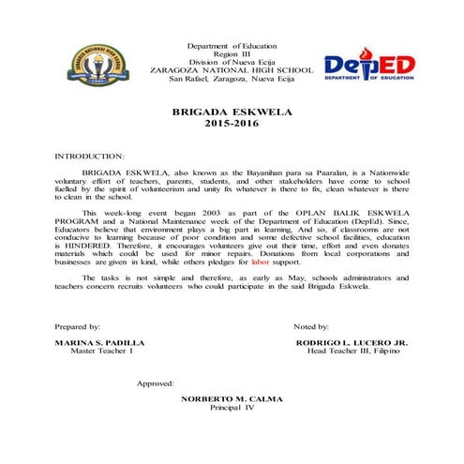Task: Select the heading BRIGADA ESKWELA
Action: click(232, 112)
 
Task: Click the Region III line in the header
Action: click(232, 54)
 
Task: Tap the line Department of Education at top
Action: click(232, 46)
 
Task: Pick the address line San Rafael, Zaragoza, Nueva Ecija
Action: click(232, 79)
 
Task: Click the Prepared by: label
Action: click(79, 325)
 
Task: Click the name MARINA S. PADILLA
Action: click(94, 343)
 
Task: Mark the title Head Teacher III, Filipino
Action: click(357, 352)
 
